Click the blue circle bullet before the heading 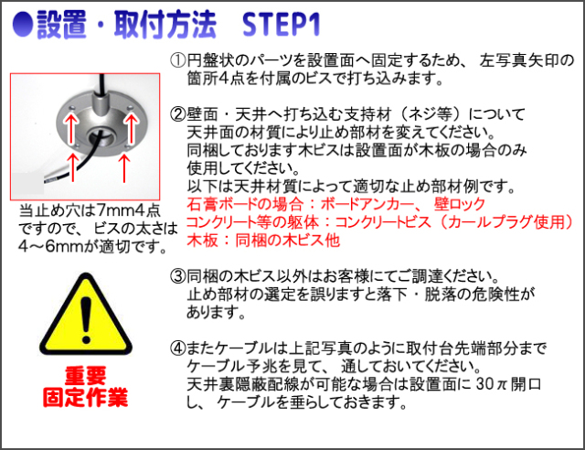click(x=23, y=25)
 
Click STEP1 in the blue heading click(x=281, y=25)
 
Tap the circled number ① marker click(x=177, y=60)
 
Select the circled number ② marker click(x=177, y=114)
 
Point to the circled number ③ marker click(x=177, y=276)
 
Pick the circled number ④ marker click(x=177, y=348)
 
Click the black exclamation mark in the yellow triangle click(x=86, y=320)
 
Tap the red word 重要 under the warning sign click(x=85, y=376)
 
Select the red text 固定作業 click(x=85, y=397)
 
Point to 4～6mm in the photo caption click(x=52, y=246)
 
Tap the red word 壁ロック click(x=459, y=204)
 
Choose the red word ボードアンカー click(x=367, y=204)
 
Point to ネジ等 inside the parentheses click(x=431, y=114)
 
